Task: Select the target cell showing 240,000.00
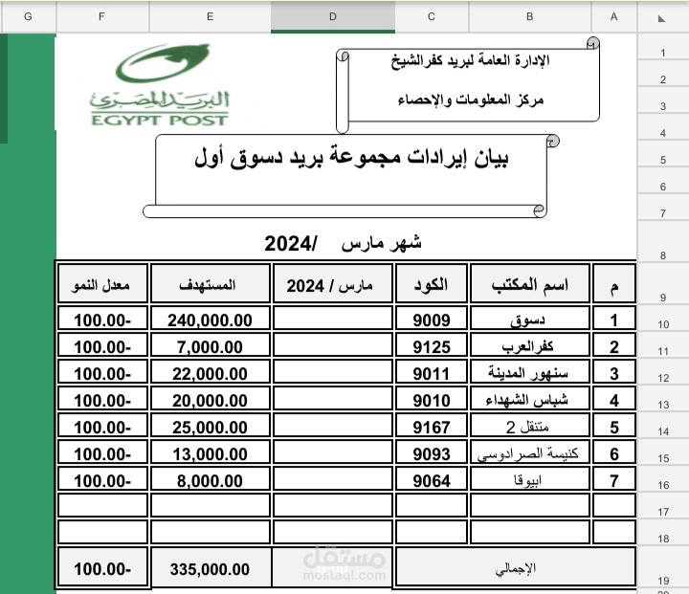tap(210, 320)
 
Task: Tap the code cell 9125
tap(431, 347)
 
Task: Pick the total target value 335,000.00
tap(210, 568)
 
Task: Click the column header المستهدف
tap(210, 286)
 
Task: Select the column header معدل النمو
tap(102, 286)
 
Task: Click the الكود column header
tap(431, 286)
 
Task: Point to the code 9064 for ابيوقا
tap(431, 481)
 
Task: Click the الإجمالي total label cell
tap(517, 568)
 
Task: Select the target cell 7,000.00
tap(210, 347)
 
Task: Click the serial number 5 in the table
tap(614, 428)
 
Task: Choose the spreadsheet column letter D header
tap(332, 16)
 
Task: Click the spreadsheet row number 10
tap(662, 324)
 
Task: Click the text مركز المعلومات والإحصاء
tap(469, 99)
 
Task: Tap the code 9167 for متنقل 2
tap(431, 428)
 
